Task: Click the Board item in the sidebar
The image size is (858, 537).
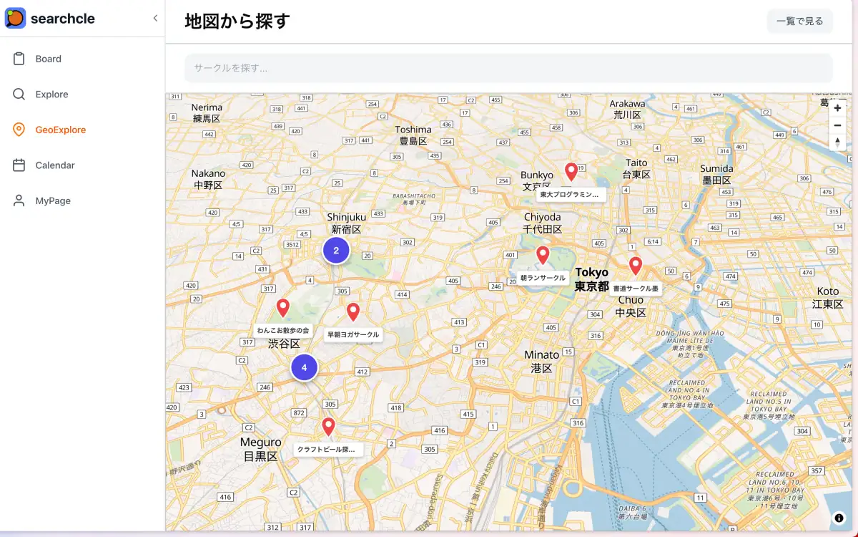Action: click(x=48, y=59)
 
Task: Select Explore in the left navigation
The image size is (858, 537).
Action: click(x=51, y=95)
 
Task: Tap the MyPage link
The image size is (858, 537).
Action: click(x=53, y=200)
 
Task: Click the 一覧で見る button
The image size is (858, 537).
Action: click(x=799, y=21)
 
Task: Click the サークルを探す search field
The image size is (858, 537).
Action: click(x=508, y=68)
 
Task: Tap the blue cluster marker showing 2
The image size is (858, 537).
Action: click(x=336, y=251)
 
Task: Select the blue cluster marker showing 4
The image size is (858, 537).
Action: click(x=304, y=367)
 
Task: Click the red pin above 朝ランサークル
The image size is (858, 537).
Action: click(x=543, y=255)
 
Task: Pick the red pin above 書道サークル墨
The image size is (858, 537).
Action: click(x=636, y=266)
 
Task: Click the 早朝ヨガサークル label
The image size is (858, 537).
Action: click(x=353, y=334)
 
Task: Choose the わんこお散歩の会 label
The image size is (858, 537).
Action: click(x=283, y=330)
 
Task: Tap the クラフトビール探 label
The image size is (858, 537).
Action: click(x=328, y=450)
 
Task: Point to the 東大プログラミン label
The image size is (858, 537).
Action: click(x=571, y=194)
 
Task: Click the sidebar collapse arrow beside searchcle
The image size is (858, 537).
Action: click(x=155, y=19)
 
